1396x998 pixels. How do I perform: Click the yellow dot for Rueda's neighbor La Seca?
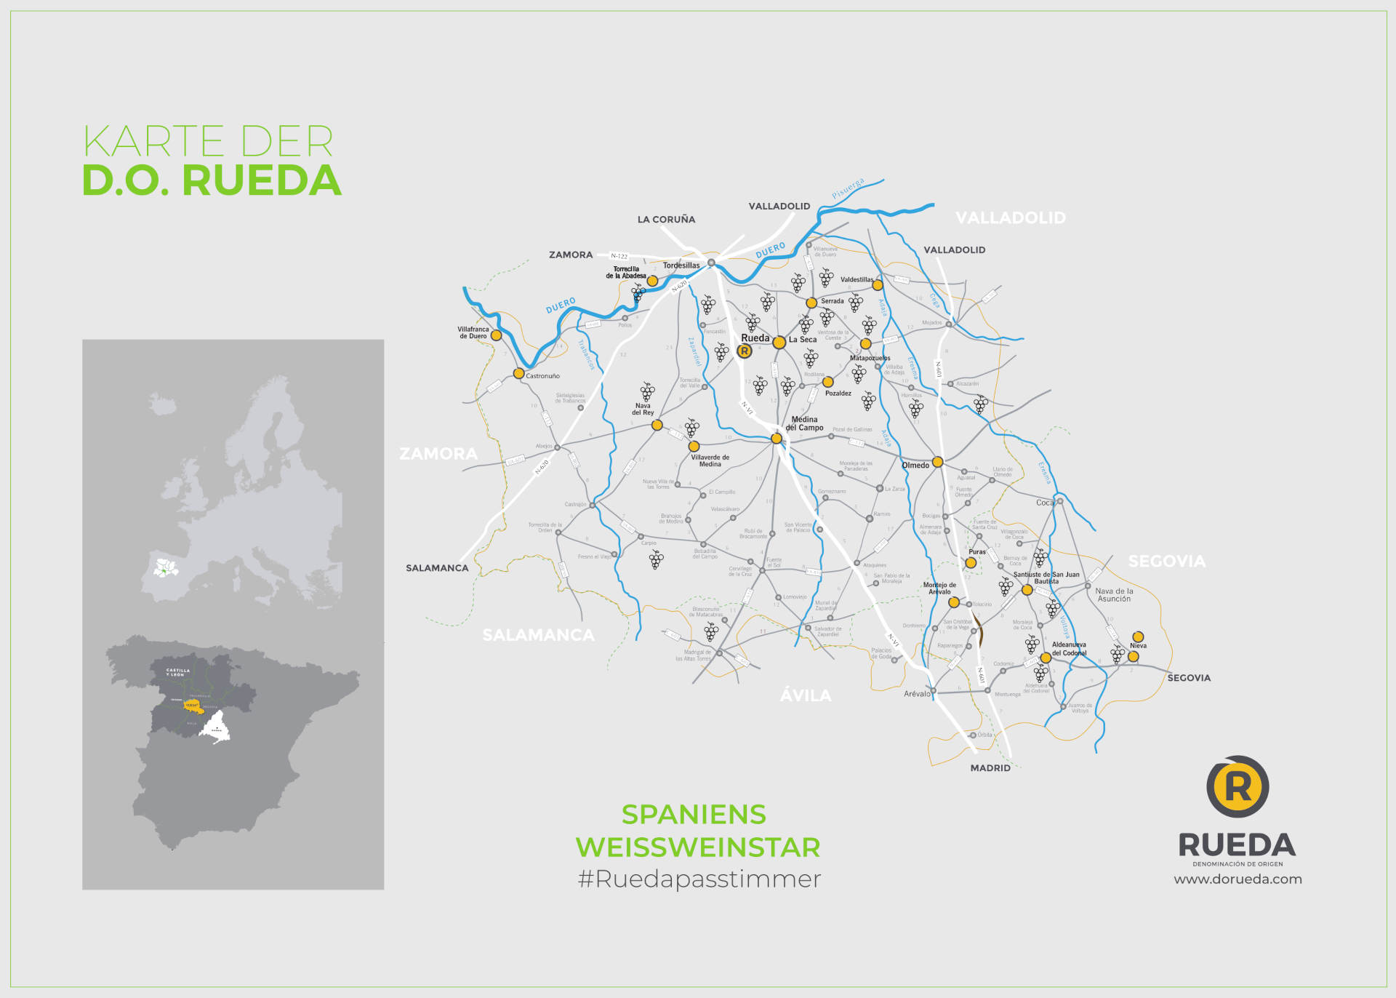[779, 342]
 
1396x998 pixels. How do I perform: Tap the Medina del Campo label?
[804, 424]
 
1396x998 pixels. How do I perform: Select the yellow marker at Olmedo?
[937, 462]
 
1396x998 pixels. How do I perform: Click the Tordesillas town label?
[681, 266]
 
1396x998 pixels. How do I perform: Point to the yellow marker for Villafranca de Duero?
[496, 335]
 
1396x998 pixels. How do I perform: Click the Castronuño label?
[542, 376]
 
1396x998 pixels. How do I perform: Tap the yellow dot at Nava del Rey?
[657, 425]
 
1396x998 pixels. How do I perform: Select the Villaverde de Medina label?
[710, 461]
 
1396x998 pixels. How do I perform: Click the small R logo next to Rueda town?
[744, 351]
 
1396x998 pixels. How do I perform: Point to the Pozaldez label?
[838, 394]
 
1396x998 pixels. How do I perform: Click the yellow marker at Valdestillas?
[878, 285]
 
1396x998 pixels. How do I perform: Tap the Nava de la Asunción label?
[1114, 595]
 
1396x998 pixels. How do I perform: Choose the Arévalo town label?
[917, 694]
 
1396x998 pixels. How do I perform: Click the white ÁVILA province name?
[805, 695]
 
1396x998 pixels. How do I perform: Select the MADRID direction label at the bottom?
[990, 768]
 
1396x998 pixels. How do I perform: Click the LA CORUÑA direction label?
[666, 220]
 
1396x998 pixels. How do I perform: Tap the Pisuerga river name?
[848, 188]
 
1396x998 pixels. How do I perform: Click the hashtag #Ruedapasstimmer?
[699, 879]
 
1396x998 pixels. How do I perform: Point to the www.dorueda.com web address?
[1237, 879]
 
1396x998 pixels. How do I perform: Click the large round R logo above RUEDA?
[1237, 786]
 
